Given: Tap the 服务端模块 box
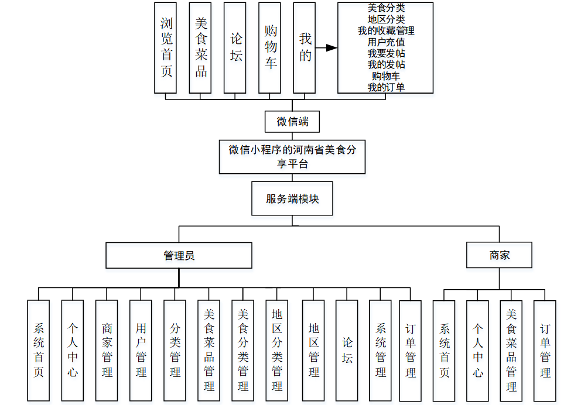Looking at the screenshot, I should click(x=292, y=199).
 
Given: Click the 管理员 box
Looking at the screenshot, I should click(x=179, y=256).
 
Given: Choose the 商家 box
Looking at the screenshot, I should click(x=500, y=255).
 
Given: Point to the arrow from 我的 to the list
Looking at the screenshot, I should click(x=330, y=47).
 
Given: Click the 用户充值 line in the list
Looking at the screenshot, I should click(x=385, y=42).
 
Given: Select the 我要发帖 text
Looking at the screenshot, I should click(x=385, y=53).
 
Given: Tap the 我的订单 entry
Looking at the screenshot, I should click(x=385, y=87).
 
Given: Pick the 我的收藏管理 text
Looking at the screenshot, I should click(x=385, y=31).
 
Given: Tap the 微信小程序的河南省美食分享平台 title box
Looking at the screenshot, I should click(x=292, y=157).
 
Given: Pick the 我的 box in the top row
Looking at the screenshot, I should click(x=305, y=47).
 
